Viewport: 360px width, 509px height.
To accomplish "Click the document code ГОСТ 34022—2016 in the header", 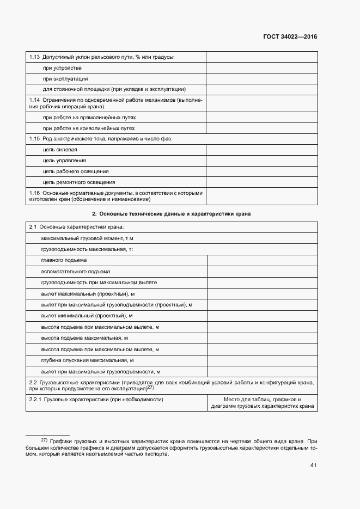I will point(290,37).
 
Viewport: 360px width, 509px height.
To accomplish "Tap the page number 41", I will point(313,465).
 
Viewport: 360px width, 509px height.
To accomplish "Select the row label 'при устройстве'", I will point(62,68).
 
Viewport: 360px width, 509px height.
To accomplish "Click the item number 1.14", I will point(34,100).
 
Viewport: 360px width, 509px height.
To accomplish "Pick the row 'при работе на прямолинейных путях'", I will point(89,118).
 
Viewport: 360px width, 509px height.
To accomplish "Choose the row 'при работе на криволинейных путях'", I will point(89,128).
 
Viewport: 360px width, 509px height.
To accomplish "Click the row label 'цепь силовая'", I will point(60,150).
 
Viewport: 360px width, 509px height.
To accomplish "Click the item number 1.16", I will point(34,193).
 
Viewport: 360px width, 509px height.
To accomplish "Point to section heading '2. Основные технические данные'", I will point(171,214).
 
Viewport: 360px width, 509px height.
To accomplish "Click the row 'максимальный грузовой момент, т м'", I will point(87,238).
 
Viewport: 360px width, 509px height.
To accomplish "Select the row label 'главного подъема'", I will point(64,260).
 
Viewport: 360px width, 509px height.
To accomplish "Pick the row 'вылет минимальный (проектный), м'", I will point(87,316).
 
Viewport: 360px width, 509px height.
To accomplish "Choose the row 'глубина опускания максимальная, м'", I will point(87,360).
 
